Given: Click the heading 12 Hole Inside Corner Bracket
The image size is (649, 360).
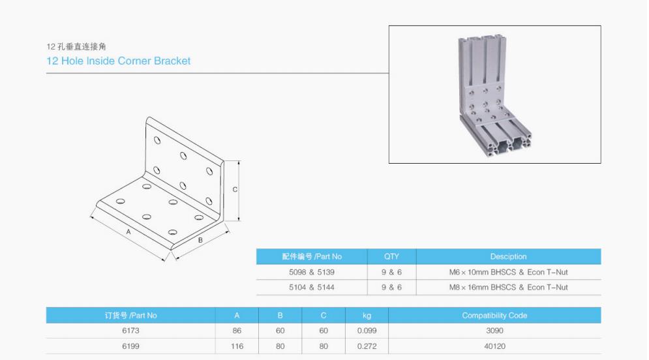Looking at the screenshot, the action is (118, 61).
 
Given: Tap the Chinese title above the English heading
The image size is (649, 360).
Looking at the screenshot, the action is (76, 46).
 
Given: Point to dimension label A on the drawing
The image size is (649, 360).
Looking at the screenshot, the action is (128, 232).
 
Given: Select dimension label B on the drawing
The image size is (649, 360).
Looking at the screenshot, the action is (200, 240).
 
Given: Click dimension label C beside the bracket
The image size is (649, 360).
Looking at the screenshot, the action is (235, 190).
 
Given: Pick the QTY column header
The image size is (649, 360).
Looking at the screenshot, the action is (391, 256).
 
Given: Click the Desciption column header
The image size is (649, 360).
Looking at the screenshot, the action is (508, 256).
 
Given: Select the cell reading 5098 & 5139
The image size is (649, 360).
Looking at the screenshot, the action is (312, 272).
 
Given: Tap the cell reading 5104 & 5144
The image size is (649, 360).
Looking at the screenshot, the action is (312, 287).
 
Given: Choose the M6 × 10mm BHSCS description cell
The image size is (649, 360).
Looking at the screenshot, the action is (508, 272).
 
